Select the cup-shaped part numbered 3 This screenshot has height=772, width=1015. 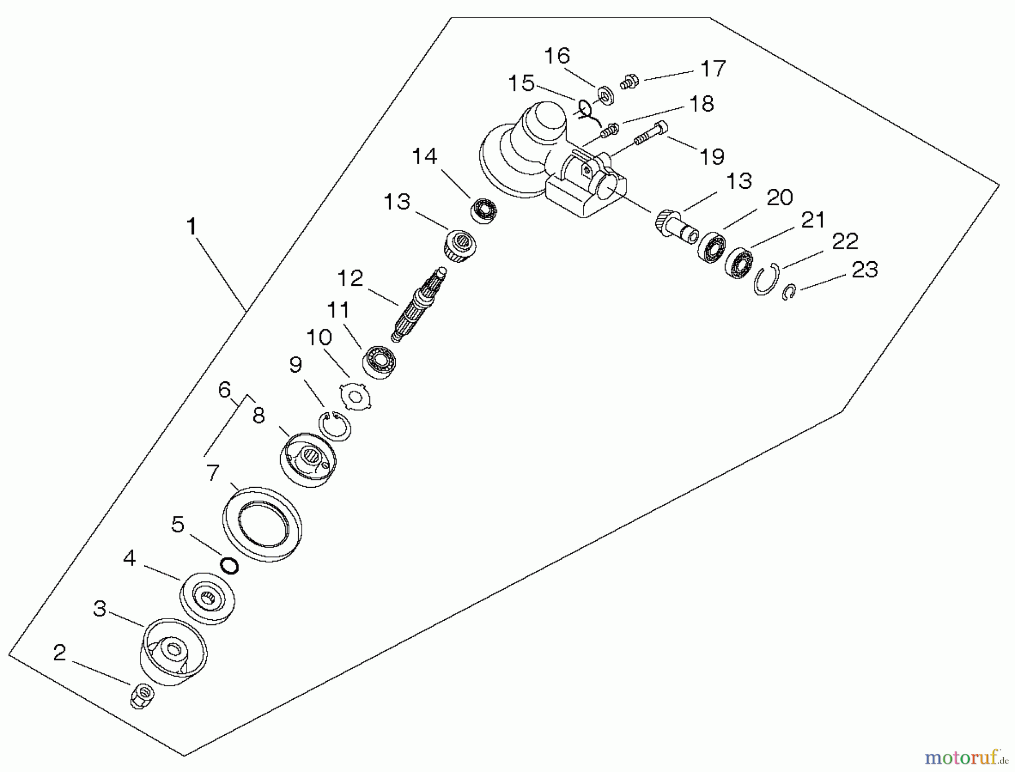pos(173,651)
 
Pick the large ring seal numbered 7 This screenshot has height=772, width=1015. pos(263,523)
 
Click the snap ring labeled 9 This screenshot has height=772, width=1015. pos(335,426)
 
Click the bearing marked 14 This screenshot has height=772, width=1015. pos(484,211)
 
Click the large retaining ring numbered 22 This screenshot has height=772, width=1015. pos(767,279)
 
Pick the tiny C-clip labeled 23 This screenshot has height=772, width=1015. pos(789,293)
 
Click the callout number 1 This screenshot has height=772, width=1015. pos(192,227)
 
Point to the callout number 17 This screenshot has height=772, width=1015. pos(713,68)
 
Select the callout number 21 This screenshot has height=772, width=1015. pos(813,220)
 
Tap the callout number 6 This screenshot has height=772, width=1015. pos(224,389)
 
